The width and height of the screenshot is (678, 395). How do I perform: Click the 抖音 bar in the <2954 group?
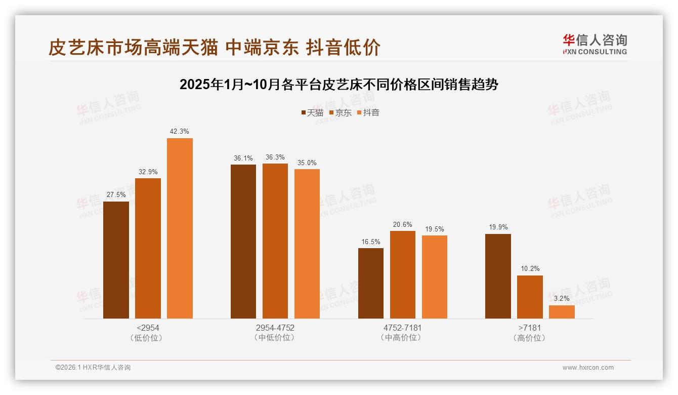coord(180,228)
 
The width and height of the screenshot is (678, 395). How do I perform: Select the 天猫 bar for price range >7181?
coord(498,276)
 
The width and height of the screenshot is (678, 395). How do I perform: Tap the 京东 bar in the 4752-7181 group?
coord(402,274)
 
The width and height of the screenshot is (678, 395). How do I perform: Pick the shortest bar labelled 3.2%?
coord(562,312)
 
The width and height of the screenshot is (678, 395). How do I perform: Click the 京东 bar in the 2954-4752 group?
coord(275,241)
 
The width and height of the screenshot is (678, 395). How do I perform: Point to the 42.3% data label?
coord(180,132)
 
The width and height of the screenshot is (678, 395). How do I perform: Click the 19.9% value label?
coord(498,227)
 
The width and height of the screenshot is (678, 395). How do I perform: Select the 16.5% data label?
coord(370,242)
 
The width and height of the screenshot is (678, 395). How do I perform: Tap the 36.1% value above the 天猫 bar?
coord(243,159)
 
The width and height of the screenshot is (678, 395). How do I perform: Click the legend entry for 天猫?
coord(312,113)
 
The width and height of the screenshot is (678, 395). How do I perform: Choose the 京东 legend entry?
coord(341,113)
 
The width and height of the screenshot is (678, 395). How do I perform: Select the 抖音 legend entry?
coord(368,113)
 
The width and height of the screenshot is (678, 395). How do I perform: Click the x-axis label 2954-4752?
coord(275,328)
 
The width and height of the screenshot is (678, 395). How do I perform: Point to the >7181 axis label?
coord(530,328)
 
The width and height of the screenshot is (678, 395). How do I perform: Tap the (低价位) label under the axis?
coord(148,338)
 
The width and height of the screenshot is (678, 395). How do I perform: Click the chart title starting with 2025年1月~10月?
coord(338,85)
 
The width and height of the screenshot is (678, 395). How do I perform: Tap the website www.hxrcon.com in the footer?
coord(588,368)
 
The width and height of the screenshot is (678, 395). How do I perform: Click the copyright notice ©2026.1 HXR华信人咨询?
coord(93,368)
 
